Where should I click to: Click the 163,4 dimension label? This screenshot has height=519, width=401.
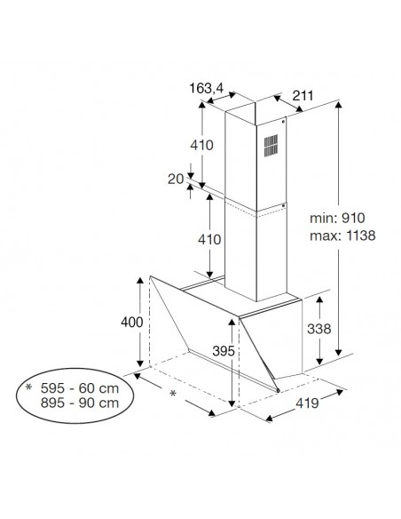[x=207, y=88]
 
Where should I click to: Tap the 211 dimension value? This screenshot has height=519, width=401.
[x=303, y=96]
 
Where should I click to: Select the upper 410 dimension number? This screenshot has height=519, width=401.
[x=201, y=145]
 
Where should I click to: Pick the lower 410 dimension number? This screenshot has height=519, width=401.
[x=209, y=239]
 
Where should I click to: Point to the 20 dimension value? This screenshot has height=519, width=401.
[x=176, y=179]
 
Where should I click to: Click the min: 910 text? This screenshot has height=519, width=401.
[x=337, y=218]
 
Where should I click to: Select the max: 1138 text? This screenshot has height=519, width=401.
[x=342, y=236]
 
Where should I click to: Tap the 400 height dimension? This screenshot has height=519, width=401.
[x=132, y=322]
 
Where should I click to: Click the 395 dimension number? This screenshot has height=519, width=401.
[x=224, y=351]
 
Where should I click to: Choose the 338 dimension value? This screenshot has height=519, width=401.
[x=318, y=329]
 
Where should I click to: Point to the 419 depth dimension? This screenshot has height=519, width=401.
[x=307, y=403]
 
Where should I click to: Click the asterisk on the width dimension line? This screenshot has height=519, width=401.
[x=173, y=393]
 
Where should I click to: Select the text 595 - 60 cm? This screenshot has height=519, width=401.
[x=80, y=388]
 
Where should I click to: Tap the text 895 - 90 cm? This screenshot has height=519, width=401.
[x=80, y=403]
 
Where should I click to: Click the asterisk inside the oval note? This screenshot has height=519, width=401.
[x=28, y=387]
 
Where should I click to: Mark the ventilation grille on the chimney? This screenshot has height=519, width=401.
[x=271, y=146]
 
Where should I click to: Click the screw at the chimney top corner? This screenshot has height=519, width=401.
[x=283, y=122]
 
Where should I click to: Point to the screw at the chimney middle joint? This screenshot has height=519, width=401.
[x=283, y=206]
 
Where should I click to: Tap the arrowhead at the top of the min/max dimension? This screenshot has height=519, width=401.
[x=338, y=105]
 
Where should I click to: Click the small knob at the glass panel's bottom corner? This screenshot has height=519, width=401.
[x=278, y=390]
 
